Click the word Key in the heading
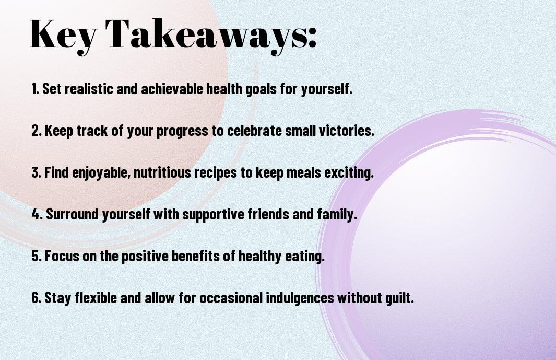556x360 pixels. pyautogui.click(x=62, y=34)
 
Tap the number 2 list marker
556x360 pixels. pyautogui.click(x=36, y=131)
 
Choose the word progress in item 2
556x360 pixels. pyautogui.click(x=183, y=131)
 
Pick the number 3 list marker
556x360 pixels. pyautogui.click(x=36, y=173)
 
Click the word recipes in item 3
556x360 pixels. pyautogui.click(x=220, y=173)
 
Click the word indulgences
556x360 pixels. pyautogui.click(x=300, y=298)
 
